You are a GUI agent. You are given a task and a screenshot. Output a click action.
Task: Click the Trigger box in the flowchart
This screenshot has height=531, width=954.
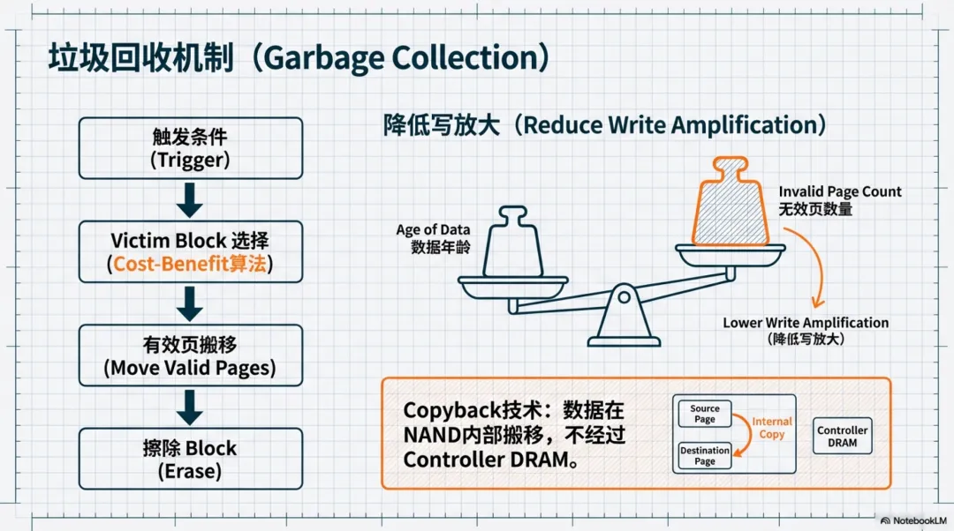190,148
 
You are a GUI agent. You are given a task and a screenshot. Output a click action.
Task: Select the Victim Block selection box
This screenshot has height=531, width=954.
190,251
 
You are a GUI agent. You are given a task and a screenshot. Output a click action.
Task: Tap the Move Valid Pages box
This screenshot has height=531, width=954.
190,355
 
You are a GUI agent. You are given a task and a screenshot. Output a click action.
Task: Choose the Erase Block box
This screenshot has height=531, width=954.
190,459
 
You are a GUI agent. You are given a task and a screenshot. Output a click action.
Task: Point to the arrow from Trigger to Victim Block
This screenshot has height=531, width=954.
190,200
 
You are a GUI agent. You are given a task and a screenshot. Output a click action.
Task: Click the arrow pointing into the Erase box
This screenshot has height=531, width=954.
190,408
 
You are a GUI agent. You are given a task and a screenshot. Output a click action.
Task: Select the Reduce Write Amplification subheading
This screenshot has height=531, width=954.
604,124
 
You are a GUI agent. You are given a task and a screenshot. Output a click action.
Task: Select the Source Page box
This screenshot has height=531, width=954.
704,414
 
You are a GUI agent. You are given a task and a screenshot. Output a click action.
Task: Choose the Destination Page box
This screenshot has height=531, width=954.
704,455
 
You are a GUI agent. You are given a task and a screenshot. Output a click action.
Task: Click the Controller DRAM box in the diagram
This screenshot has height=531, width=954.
842,437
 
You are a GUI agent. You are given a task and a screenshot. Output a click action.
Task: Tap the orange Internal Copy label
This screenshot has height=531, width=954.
771,428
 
